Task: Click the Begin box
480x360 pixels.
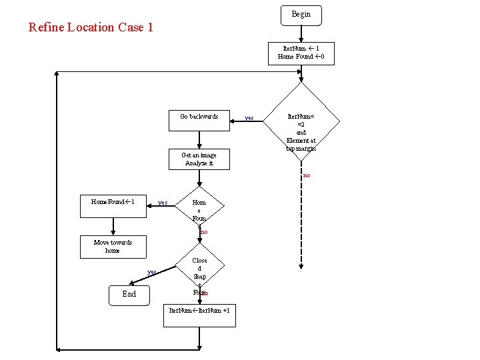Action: tap(301, 14)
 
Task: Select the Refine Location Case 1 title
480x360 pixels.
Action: tap(91, 27)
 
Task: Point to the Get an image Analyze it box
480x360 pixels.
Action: tap(199, 159)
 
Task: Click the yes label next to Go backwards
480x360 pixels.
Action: tap(249, 118)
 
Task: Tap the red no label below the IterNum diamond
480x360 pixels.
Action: tap(306, 175)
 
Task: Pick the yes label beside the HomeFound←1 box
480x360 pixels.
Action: tap(162, 202)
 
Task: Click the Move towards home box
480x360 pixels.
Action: tap(113, 247)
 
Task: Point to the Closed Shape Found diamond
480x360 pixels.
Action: tap(199, 273)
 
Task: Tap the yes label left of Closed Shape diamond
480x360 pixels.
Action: tap(151, 272)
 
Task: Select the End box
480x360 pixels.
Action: tap(129, 294)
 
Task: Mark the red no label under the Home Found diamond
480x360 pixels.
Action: tap(204, 232)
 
